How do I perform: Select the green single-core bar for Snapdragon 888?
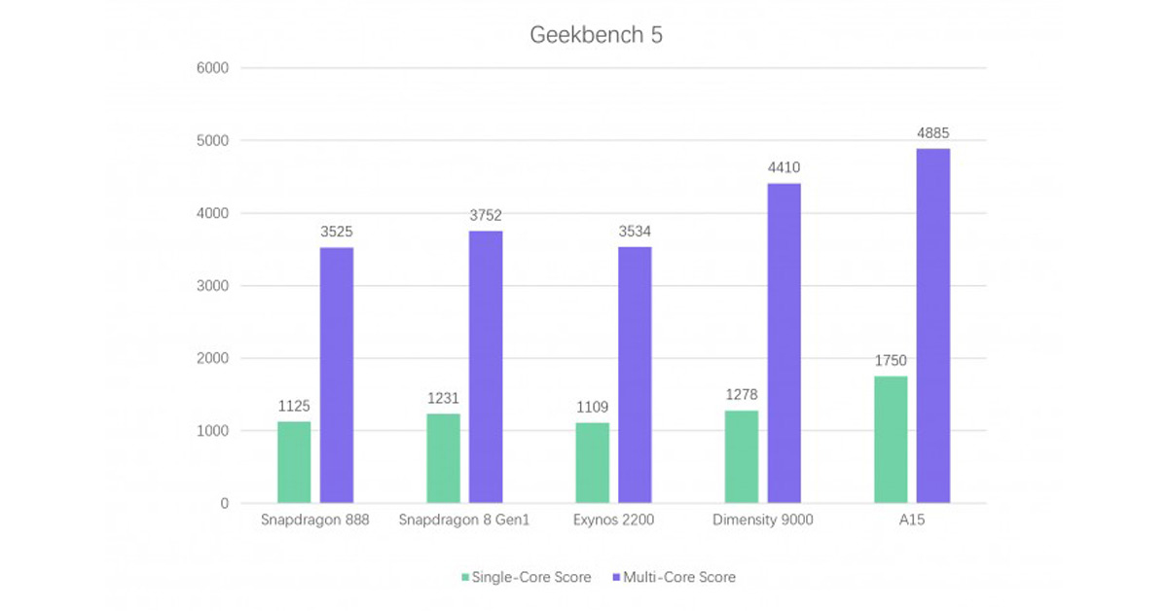(x=294, y=462)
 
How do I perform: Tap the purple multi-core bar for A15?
(x=932, y=326)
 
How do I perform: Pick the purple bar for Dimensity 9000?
(x=784, y=343)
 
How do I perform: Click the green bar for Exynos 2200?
(x=592, y=463)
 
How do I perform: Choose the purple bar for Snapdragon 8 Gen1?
(x=486, y=367)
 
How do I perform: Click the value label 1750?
(x=890, y=360)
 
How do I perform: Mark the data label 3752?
(x=486, y=215)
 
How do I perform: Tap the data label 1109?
(x=592, y=407)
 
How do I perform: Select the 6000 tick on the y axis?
(x=212, y=68)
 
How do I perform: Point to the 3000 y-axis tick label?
(x=212, y=286)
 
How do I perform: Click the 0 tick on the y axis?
(x=224, y=504)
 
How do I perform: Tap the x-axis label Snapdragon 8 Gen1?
(x=464, y=521)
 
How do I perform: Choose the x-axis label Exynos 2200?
(x=613, y=521)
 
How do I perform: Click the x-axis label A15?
(x=912, y=521)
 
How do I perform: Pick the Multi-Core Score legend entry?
(x=674, y=577)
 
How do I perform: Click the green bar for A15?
(x=890, y=440)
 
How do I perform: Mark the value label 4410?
(x=784, y=167)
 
